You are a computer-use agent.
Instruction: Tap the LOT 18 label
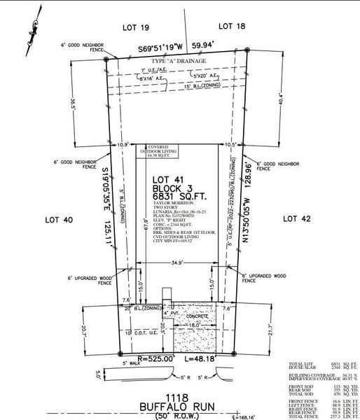[232, 26]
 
